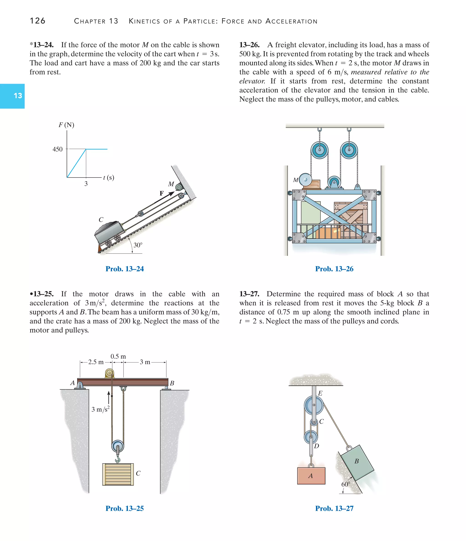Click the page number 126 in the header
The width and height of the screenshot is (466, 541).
[38, 21]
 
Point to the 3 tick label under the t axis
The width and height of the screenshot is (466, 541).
[86, 184]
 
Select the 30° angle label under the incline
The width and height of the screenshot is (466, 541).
[138, 245]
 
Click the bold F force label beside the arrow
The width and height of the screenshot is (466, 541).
[162, 193]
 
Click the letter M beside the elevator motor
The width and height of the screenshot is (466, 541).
[296, 180]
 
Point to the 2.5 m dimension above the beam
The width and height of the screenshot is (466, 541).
[96, 362]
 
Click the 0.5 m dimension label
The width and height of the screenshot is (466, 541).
[118, 356]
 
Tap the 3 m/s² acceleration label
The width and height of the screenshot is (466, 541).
[101, 409]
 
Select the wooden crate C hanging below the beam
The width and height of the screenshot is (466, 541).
[118, 474]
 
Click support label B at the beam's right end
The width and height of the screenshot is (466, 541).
[172, 383]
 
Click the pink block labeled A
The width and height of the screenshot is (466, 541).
[311, 476]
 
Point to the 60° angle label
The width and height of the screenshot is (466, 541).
[346, 484]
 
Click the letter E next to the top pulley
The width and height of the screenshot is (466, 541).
[320, 393]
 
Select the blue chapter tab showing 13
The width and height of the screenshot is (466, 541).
[13, 96]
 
